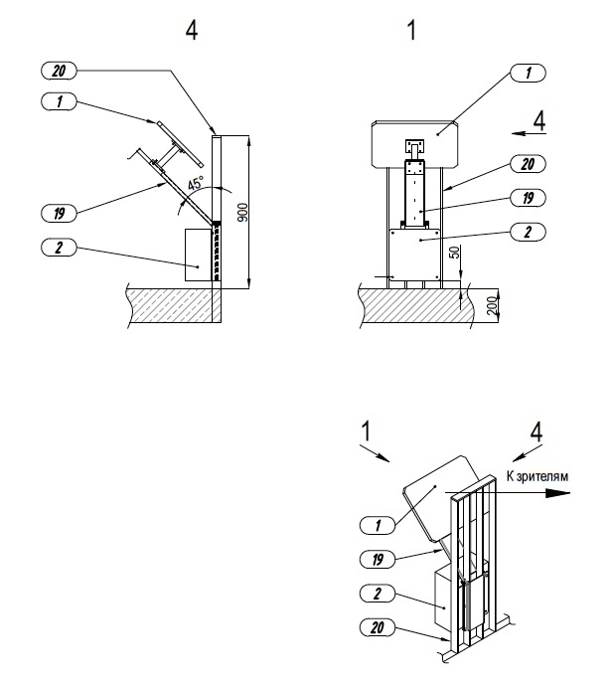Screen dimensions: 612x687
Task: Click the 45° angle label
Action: click(x=196, y=183)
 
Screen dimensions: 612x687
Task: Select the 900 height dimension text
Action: click(x=242, y=212)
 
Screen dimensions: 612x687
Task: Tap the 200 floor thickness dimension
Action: click(x=492, y=305)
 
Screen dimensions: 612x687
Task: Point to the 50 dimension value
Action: click(x=455, y=252)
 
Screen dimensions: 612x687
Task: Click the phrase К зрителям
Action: click(x=537, y=476)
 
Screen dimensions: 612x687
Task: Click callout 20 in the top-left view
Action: click(x=59, y=71)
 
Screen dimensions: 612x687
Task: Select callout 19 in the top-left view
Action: click(x=59, y=213)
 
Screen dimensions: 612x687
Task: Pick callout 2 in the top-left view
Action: click(x=59, y=248)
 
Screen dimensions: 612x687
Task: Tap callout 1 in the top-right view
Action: click(x=528, y=73)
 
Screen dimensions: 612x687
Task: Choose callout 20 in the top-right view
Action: click(x=528, y=164)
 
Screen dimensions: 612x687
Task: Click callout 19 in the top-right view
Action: click(x=528, y=198)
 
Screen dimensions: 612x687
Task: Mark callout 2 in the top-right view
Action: click(x=528, y=232)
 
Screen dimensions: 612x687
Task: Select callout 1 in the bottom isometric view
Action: click(x=378, y=525)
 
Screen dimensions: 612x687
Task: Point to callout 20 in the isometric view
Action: click(x=378, y=627)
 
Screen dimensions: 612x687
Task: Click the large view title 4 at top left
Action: click(x=192, y=30)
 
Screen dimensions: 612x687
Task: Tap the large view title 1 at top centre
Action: click(x=411, y=30)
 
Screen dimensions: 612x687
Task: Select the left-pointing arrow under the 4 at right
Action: click(x=529, y=133)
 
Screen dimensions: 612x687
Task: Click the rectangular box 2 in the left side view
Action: click(x=199, y=255)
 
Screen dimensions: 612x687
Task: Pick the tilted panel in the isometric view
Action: click(x=441, y=497)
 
